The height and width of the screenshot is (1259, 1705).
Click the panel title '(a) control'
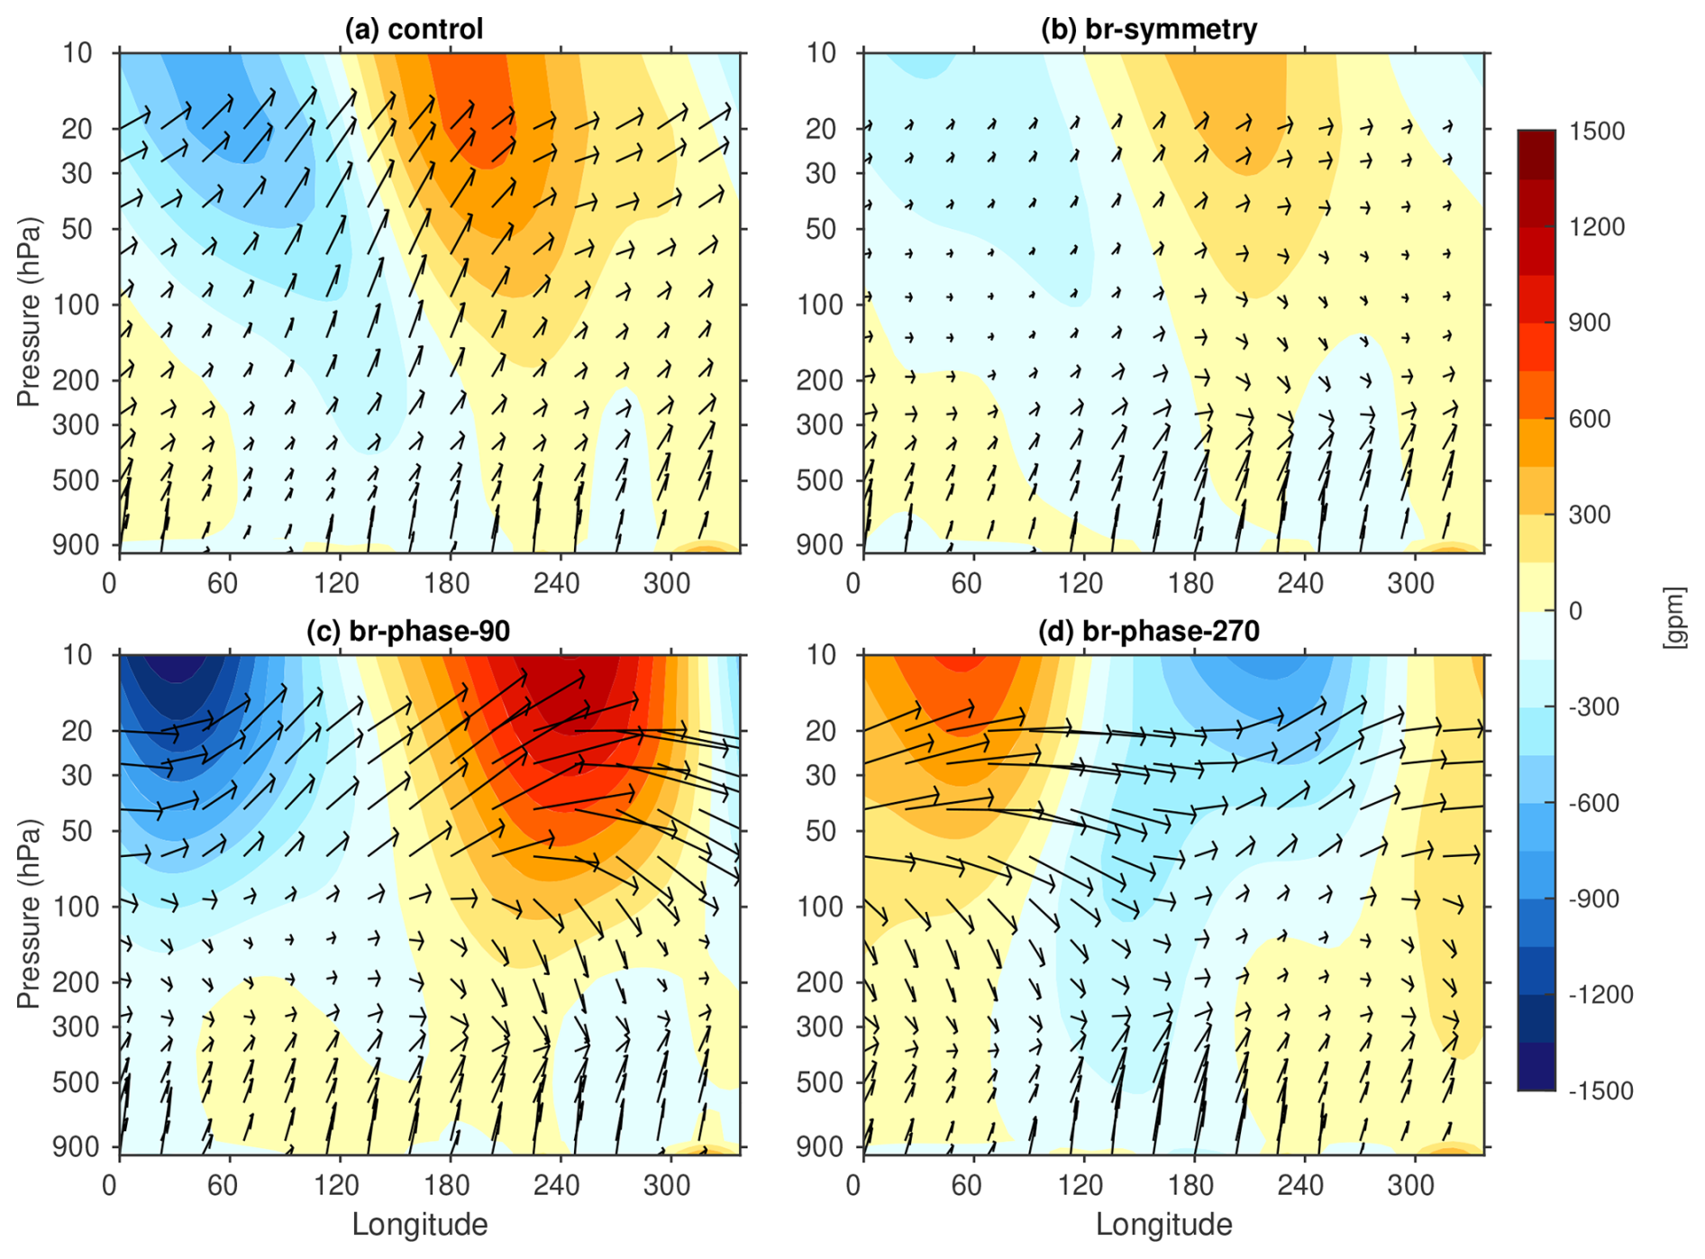[x=414, y=29]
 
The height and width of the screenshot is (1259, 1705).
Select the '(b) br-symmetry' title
[x=1149, y=29]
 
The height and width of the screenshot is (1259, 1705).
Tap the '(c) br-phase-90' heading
[x=408, y=631]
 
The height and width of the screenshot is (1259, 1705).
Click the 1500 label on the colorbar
[x=1596, y=132]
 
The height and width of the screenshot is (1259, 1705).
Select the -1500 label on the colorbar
[x=1600, y=1090]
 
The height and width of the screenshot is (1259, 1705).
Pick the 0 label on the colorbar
[x=1575, y=611]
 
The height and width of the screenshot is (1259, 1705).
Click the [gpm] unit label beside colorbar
[x=1674, y=616]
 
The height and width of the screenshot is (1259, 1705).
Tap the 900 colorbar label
[x=1590, y=323]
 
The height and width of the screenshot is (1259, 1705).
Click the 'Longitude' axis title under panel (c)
[x=420, y=1224]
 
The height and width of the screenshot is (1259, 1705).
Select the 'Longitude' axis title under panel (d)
[x=1164, y=1224]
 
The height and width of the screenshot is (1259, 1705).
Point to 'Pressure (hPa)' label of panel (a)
[x=29, y=311]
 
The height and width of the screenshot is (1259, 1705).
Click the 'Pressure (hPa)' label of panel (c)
[x=29, y=913]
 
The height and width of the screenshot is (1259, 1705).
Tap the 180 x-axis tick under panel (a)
[x=447, y=583]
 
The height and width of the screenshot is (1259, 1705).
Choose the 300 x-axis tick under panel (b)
[x=1410, y=583]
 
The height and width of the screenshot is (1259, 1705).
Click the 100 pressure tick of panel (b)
[x=820, y=306]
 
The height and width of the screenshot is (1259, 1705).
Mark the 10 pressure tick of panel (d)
[x=822, y=655]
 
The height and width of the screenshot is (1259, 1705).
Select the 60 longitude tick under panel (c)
[x=223, y=1184]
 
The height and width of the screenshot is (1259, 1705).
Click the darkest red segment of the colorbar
[x=1536, y=154]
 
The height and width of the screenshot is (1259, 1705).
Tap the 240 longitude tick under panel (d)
[x=1300, y=1184]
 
